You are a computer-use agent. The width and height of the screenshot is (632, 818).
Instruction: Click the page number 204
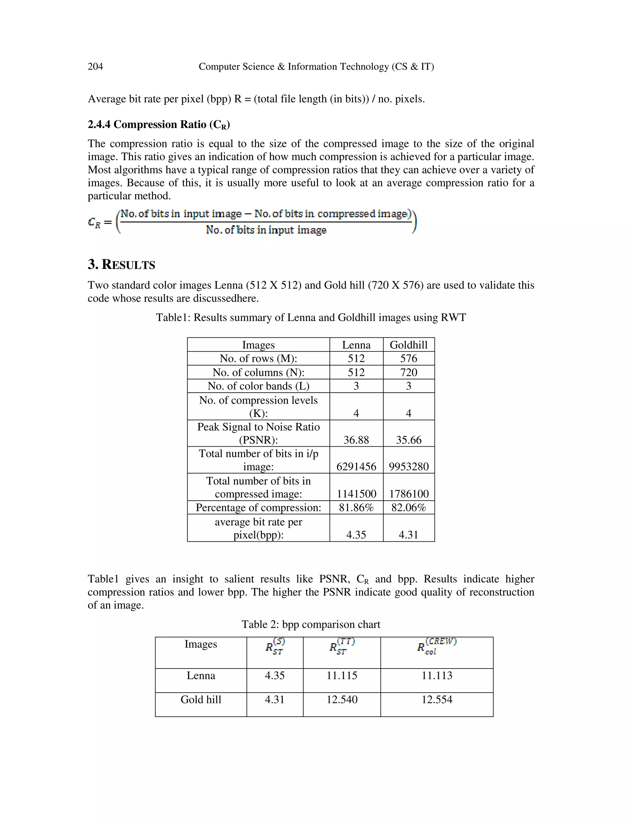[x=95, y=67]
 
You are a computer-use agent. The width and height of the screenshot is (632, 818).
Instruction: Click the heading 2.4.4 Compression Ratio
[x=159, y=124]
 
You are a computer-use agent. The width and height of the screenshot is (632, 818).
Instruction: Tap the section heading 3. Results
[x=121, y=265]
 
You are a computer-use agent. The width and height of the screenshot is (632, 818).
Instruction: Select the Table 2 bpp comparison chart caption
[x=311, y=624]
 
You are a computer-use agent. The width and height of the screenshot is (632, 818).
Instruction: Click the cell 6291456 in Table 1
[x=356, y=467]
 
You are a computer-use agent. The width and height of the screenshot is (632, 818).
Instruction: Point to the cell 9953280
[x=409, y=467]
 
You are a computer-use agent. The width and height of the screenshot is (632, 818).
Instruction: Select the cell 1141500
[x=356, y=494]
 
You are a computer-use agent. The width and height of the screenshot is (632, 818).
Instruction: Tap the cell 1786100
[x=409, y=494]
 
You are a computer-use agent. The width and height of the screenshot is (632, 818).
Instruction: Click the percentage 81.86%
[x=356, y=507]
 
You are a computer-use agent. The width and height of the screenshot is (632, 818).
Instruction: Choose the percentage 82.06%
[x=409, y=507]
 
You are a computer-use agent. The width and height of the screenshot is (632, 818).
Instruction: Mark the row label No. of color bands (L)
[x=258, y=386]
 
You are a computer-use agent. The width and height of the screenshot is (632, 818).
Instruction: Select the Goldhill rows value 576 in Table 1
[x=409, y=358]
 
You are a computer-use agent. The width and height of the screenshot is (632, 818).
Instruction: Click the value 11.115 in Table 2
[x=342, y=676]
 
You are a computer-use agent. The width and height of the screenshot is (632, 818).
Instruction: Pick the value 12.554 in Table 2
[x=437, y=700]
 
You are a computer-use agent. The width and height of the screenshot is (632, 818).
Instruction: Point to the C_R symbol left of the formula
[x=94, y=223]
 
